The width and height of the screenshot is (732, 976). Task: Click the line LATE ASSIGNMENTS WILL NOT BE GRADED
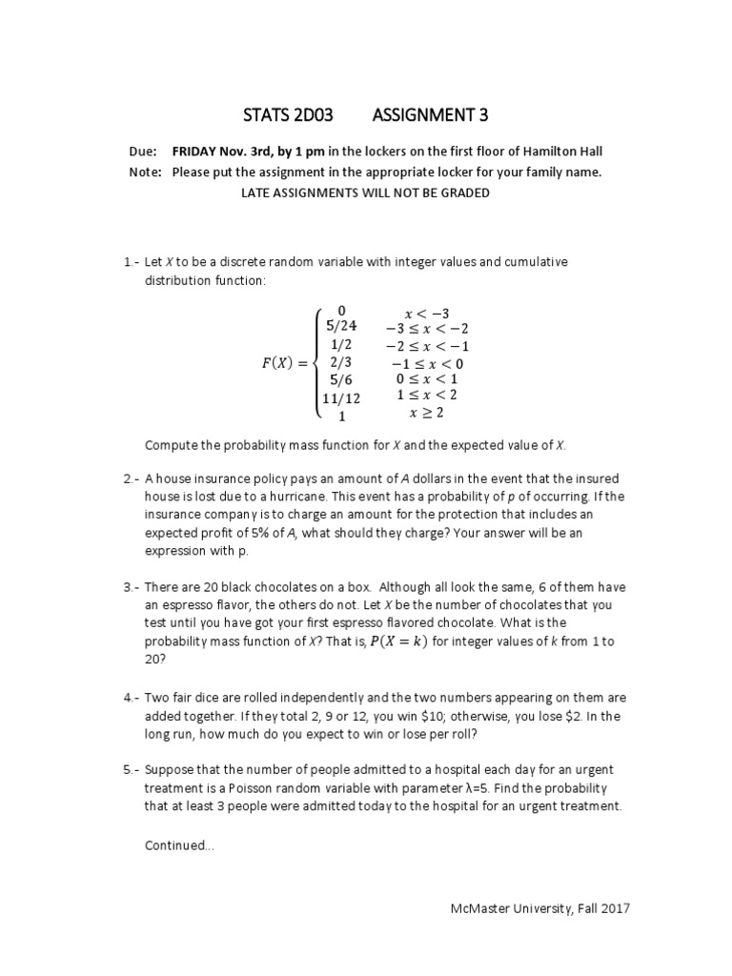point(366,193)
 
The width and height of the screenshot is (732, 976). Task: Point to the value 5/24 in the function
point(342,326)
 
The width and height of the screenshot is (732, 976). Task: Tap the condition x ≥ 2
point(426,414)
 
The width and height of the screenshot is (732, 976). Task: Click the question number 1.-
point(132,262)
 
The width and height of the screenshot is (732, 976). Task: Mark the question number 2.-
point(132,478)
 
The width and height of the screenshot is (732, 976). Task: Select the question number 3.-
point(132,587)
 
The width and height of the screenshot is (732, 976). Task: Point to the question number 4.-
point(132,696)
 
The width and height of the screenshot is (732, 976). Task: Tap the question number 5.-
point(132,770)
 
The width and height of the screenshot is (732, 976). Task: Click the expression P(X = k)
point(398,641)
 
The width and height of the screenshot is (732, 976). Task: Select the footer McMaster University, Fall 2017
point(539,909)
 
